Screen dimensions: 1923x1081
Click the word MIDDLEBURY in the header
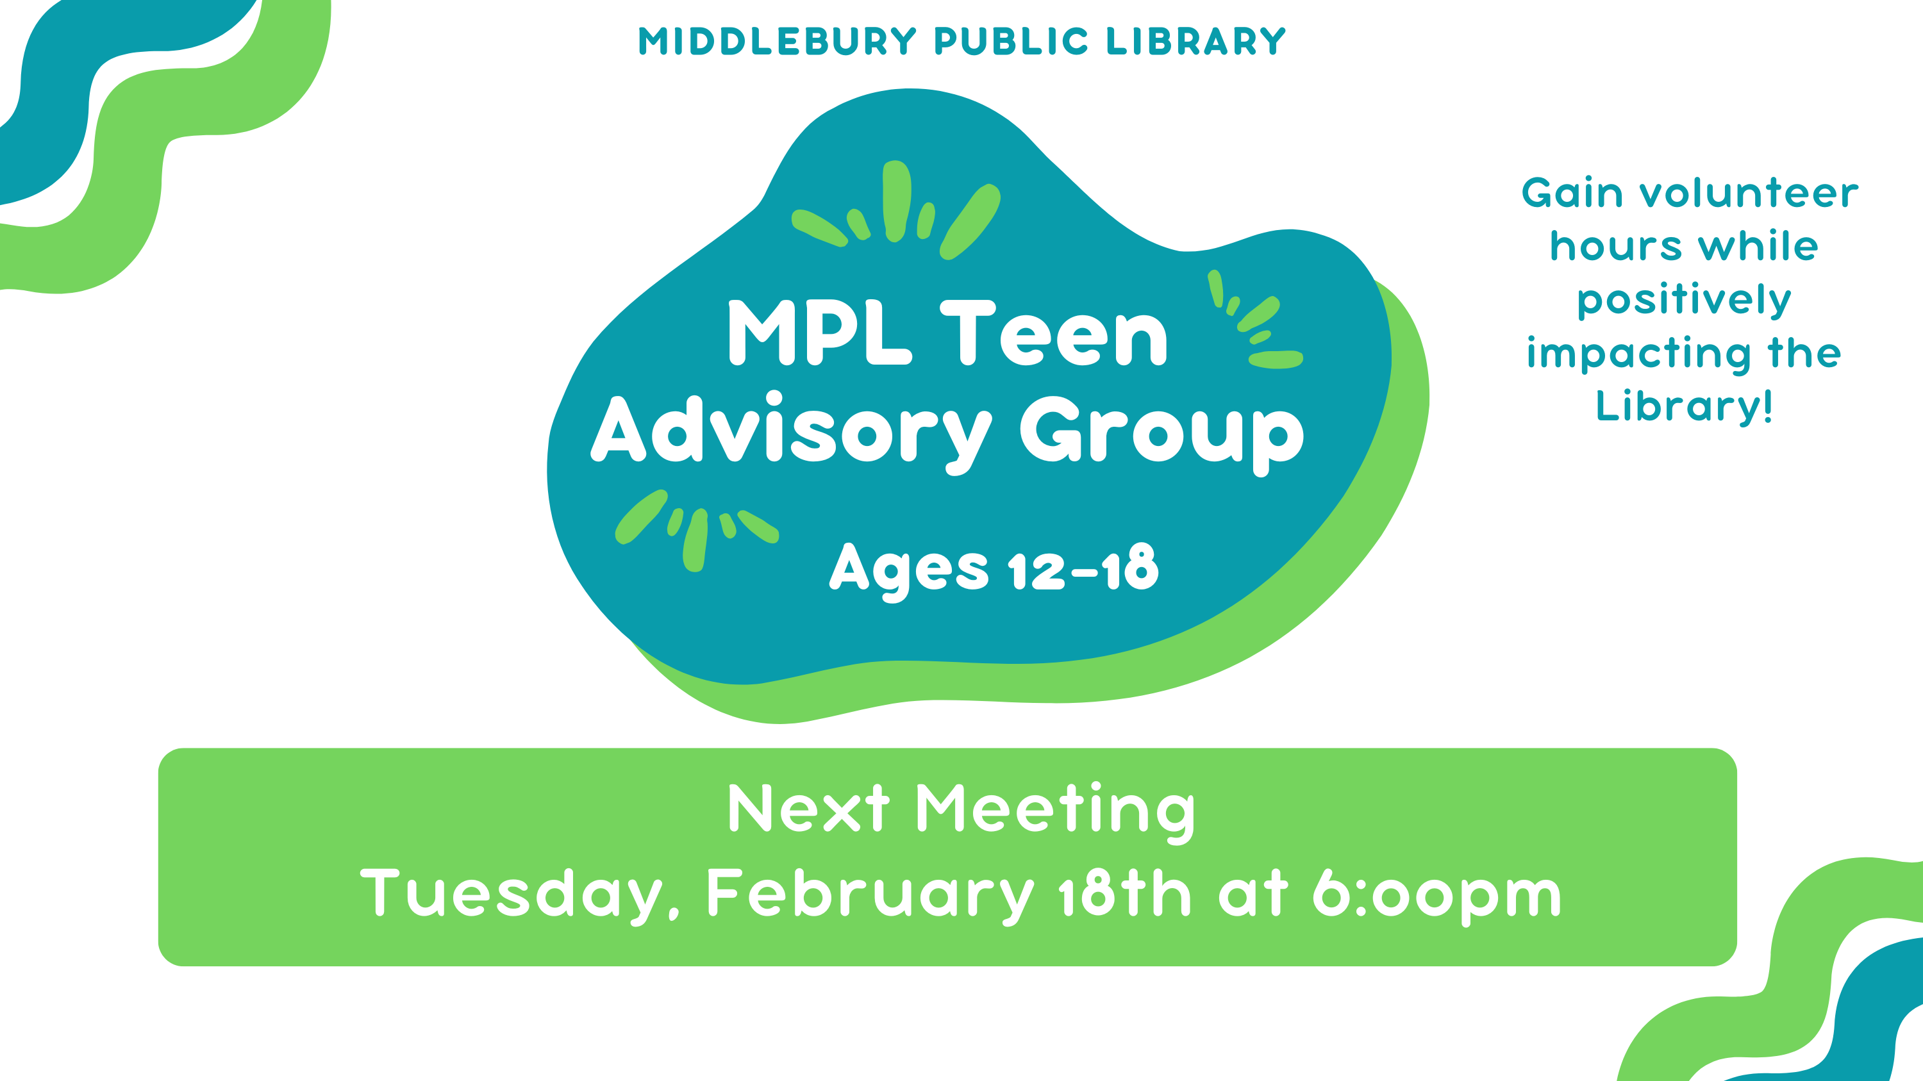pos(777,42)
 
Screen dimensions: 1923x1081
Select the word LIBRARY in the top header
pos(1196,42)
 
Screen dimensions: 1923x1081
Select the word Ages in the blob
pos(908,572)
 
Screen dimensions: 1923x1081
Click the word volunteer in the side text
pos(1748,194)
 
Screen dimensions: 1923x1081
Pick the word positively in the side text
pos(1684,301)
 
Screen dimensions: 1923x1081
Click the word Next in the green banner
pos(808,808)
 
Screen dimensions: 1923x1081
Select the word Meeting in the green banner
pos(1056,812)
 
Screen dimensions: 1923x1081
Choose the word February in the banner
pos(870,894)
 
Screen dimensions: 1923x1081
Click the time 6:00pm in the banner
pos(1437,894)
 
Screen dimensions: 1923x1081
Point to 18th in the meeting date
pos(1125,891)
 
